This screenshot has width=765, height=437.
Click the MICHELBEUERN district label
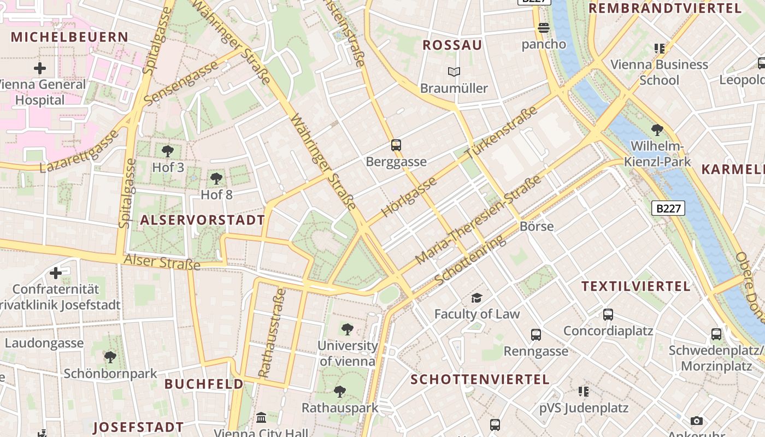[69, 37]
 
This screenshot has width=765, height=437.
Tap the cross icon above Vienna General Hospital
[39, 69]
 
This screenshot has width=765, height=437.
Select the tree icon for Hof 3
[168, 151]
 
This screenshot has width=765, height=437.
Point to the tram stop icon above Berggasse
[396, 145]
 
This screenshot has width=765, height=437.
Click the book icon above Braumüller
[454, 72]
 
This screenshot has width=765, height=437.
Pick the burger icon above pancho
[543, 27]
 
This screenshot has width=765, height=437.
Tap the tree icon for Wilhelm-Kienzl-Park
[657, 130]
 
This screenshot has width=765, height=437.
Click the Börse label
[537, 226]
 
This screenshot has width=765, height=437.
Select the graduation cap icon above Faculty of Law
[477, 298]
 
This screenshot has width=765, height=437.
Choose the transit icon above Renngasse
[536, 334]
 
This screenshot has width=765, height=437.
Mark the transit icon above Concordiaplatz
[608, 315]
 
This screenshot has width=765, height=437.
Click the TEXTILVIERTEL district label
[636, 286]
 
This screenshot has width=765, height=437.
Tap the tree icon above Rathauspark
[340, 391]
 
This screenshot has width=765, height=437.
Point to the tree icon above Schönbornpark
[110, 357]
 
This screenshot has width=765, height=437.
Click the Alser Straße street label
[162, 262]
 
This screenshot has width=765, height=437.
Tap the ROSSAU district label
[452, 45]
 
